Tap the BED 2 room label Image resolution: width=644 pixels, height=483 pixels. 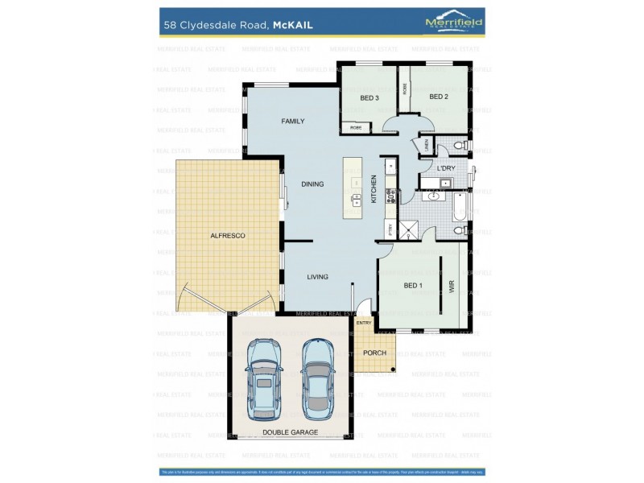click(x=438, y=97)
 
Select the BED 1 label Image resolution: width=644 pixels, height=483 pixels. click(x=413, y=286)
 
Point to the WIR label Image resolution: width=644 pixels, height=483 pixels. click(x=452, y=286)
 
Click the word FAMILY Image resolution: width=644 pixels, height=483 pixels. click(x=292, y=122)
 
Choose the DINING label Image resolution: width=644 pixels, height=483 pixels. click(x=312, y=184)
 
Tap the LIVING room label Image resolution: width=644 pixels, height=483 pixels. click(x=317, y=277)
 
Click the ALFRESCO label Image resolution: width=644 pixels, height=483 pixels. click(x=227, y=235)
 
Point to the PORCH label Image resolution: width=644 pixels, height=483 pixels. click(x=374, y=353)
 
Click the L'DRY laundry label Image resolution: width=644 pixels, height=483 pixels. click(x=446, y=167)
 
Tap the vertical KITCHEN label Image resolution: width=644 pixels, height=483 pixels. click(x=374, y=189)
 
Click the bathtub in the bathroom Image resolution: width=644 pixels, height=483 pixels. click(x=459, y=205)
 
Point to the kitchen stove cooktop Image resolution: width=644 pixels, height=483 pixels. click(x=391, y=196)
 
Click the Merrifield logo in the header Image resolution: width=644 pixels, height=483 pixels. click(x=454, y=23)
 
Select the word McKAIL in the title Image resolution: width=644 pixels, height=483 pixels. click(x=292, y=25)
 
